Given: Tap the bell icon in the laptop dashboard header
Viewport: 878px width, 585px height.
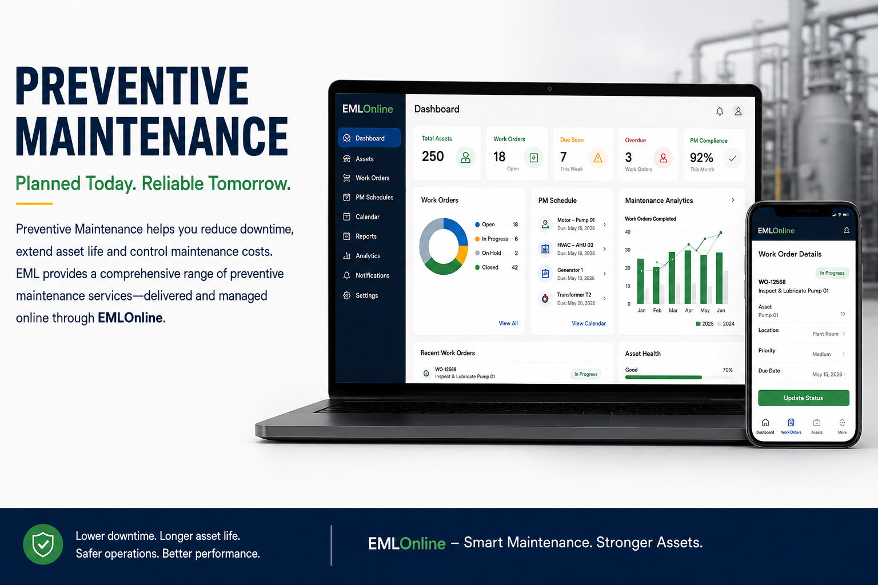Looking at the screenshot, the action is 720,111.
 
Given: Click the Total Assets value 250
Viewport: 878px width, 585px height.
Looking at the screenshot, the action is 433,157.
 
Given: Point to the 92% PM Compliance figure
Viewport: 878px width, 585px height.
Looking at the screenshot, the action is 701,158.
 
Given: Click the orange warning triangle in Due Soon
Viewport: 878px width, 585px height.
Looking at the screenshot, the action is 598,158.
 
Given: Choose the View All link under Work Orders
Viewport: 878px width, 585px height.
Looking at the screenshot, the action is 508,323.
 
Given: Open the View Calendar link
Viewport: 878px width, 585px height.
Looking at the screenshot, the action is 588,323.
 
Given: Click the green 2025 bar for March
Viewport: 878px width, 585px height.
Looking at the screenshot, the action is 672,278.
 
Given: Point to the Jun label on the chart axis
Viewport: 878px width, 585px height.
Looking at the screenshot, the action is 721,310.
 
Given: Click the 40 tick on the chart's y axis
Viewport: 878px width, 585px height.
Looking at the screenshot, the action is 628,232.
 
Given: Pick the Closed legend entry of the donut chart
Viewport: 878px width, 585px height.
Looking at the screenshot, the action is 496,267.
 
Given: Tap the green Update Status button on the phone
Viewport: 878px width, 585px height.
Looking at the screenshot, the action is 804,398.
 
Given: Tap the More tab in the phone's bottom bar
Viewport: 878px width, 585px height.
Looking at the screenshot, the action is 843,426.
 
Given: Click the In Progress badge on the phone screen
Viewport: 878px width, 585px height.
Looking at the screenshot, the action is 832,273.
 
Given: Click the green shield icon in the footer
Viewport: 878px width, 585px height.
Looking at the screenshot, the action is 43,544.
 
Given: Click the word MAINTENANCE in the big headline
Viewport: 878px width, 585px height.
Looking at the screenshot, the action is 152,137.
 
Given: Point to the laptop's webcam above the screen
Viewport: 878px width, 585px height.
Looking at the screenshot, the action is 549,89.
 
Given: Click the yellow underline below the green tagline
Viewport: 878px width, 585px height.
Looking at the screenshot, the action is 34,204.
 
